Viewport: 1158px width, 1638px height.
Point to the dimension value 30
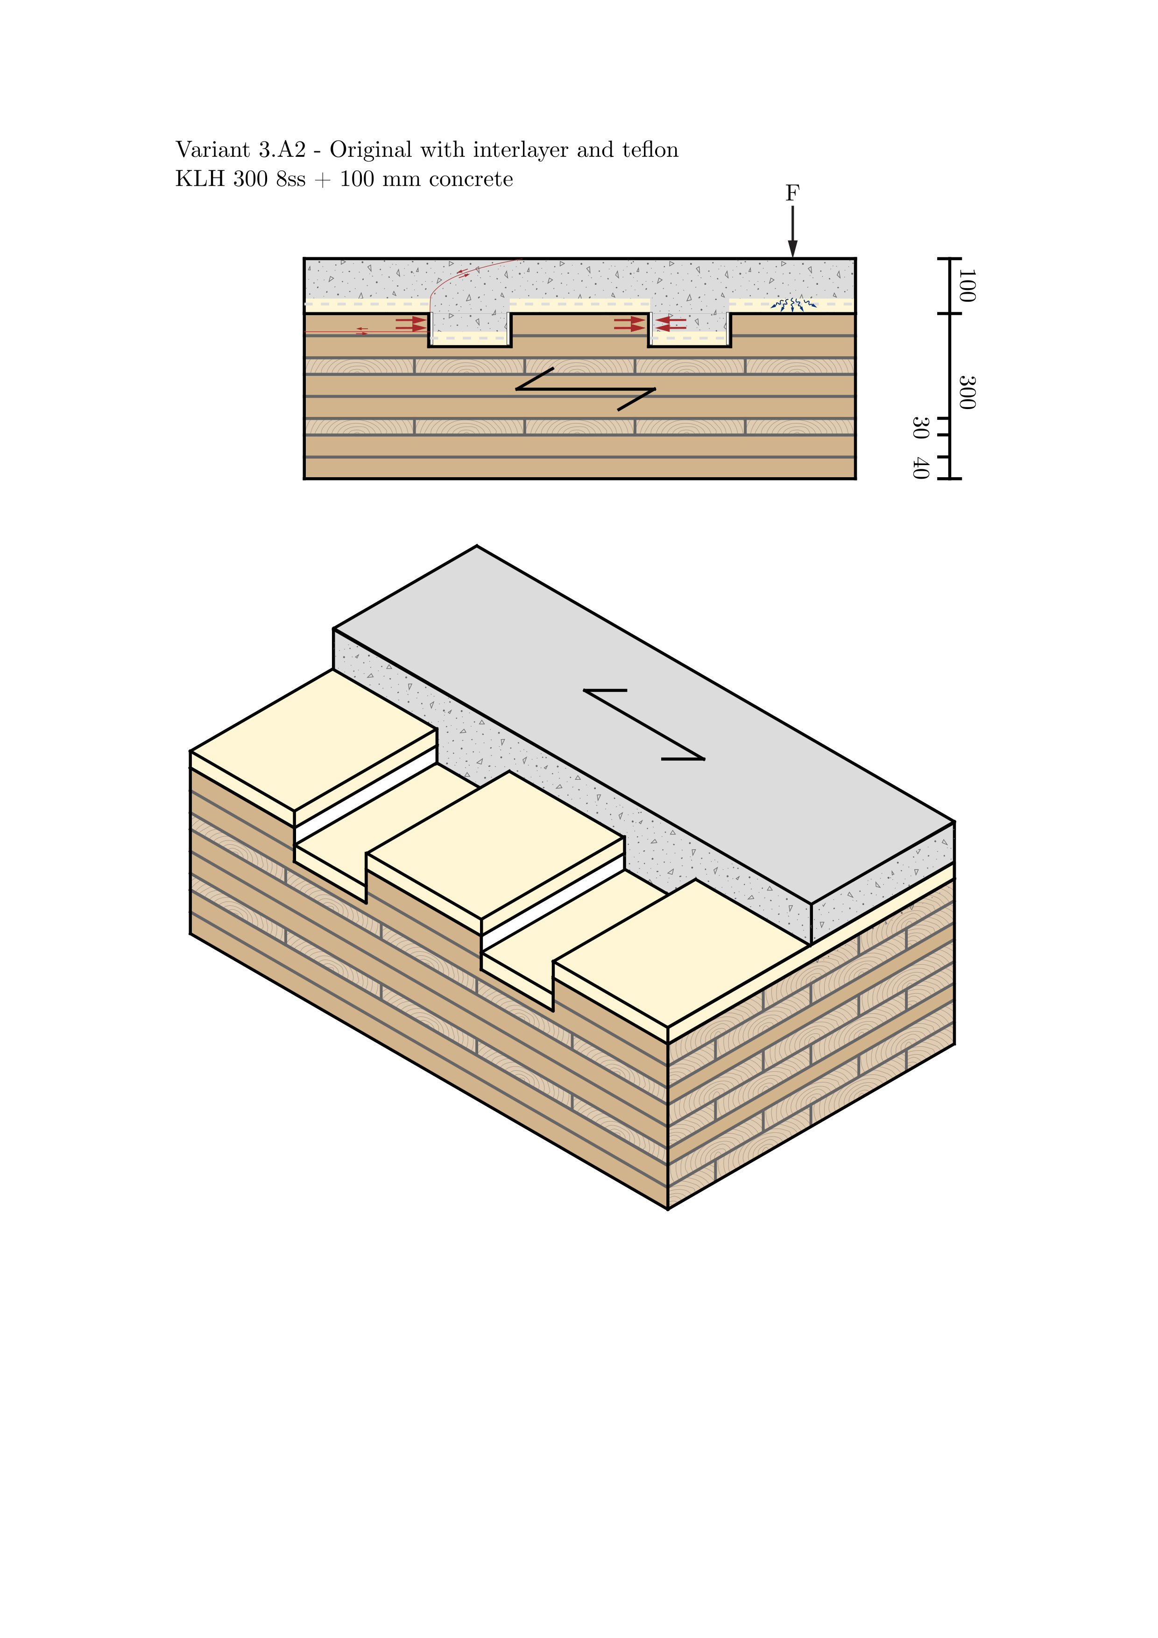[x=920, y=428]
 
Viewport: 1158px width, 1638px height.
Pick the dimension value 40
[x=920, y=468]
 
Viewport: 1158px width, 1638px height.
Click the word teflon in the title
[x=650, y=150]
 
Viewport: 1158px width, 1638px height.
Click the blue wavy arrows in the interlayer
[x=793, y=305]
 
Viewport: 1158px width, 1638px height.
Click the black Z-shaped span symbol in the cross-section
[x=585, y=389]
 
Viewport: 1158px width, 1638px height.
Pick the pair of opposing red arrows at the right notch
[x=650, y=324]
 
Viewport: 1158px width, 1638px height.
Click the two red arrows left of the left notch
[x=410, y=324]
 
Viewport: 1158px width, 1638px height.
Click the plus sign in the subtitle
[x=323, y=180]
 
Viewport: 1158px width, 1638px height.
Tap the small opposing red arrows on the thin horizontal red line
[x=362, y=331]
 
